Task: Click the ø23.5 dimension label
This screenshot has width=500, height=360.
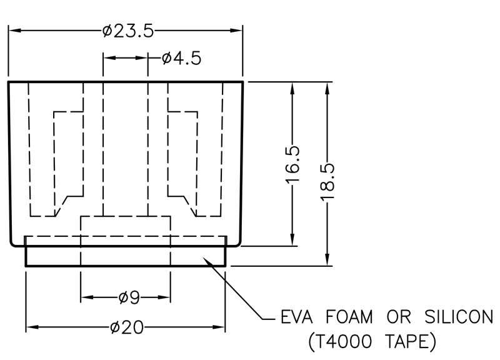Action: coord(127,31)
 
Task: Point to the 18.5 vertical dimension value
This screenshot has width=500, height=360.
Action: coord(327,181)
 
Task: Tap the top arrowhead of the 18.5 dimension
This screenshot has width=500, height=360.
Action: coord(327,87)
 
